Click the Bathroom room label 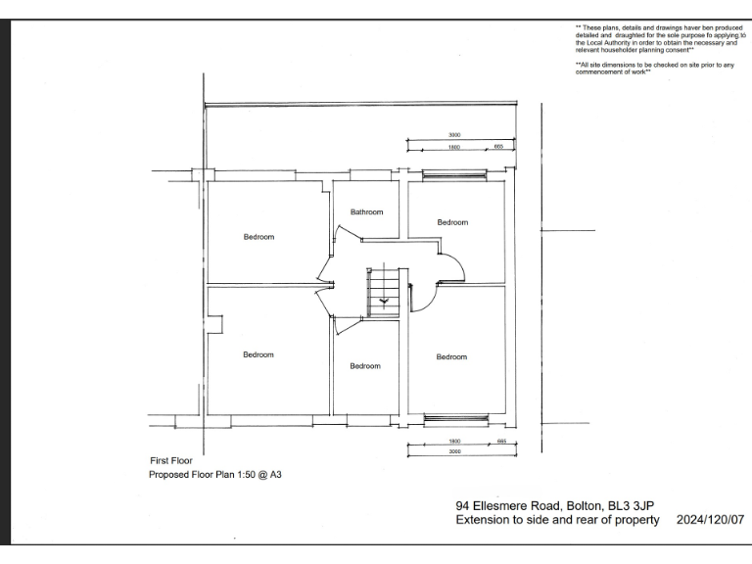pyautogui.click(x=366, y=211)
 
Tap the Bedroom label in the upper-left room pyautogui.click(x=258, y=237)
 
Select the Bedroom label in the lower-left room pyautogui.click(x=258, y=354)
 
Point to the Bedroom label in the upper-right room pyautogui.click(x=452, y=222)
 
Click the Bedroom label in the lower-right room pyautogui.click(x=451, y=356)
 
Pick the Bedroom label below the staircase pyautogui.click(x=365, y=365)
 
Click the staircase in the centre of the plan pyautogui.click(x=383, y=291)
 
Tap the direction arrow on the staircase pyautogui.click(x=384, y=301)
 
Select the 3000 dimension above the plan pyautogui.click(x=454, y=135)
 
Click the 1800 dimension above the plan pyautogui.click(x=454, y=147)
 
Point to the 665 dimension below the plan pyautogui.click(x=500, y=442)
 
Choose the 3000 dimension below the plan pyautogui.click(x=454, y=452)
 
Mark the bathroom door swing pyautogui.click(x=345, y=235)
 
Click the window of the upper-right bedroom pyautogui.click(x=454, y=176)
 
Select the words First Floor pyautogui.click(x=170, y=459)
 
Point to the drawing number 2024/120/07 pyautogui.click(x=710, y=520)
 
